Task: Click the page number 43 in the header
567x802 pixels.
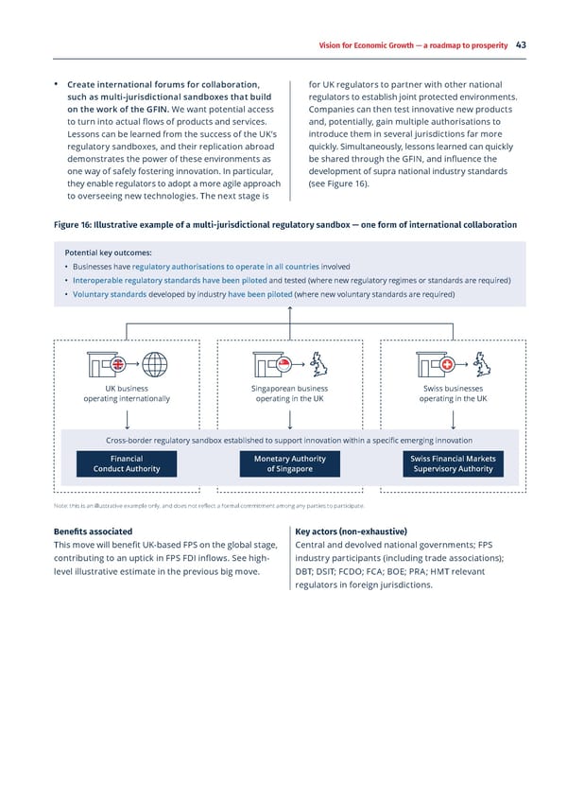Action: [521, 44]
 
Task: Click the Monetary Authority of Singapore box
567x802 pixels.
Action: [290, 463]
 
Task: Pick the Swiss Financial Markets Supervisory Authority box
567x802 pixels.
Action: [453, 463]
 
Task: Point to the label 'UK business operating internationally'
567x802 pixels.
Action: [127, 393]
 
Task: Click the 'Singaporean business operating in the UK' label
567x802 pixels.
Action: [290, 393]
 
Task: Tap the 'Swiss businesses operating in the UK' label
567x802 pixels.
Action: [454, 393]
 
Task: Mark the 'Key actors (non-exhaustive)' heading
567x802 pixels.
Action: [351, 532]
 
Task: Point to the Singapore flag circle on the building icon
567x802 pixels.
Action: [283, 365]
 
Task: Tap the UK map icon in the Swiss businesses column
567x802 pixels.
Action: [484, 365]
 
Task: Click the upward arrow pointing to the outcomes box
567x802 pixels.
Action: [290, 317]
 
